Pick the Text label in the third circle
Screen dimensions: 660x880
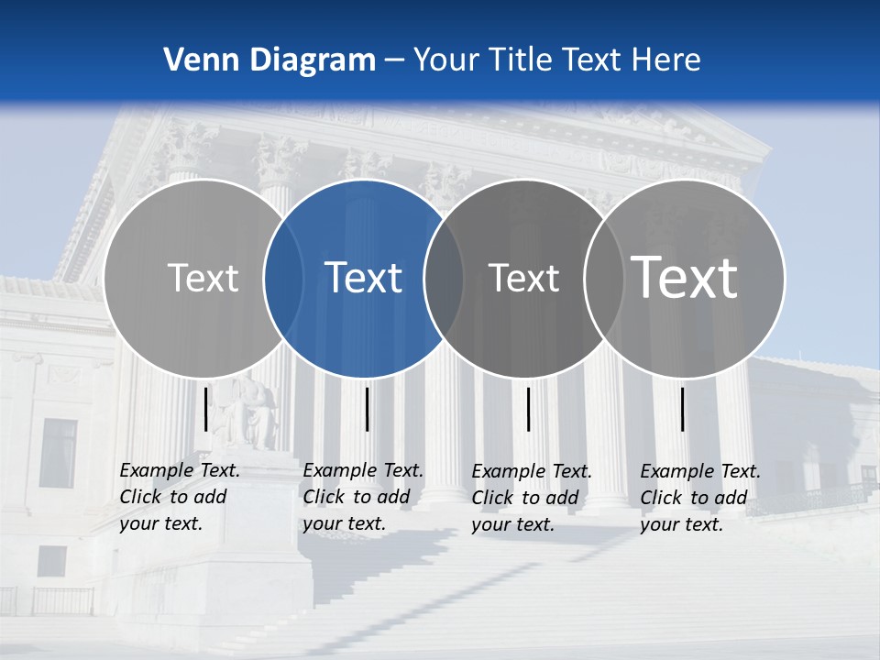[524, 278]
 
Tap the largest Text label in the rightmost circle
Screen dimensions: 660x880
[685, 277]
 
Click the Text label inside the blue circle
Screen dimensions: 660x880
[364, 278]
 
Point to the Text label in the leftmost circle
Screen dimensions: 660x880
[203, 278]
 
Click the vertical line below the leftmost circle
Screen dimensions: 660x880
[206, 409]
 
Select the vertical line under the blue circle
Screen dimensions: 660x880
[367, 409]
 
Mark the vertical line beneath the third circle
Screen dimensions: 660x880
[529, 409]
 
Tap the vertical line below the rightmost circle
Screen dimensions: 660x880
[683, 409]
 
